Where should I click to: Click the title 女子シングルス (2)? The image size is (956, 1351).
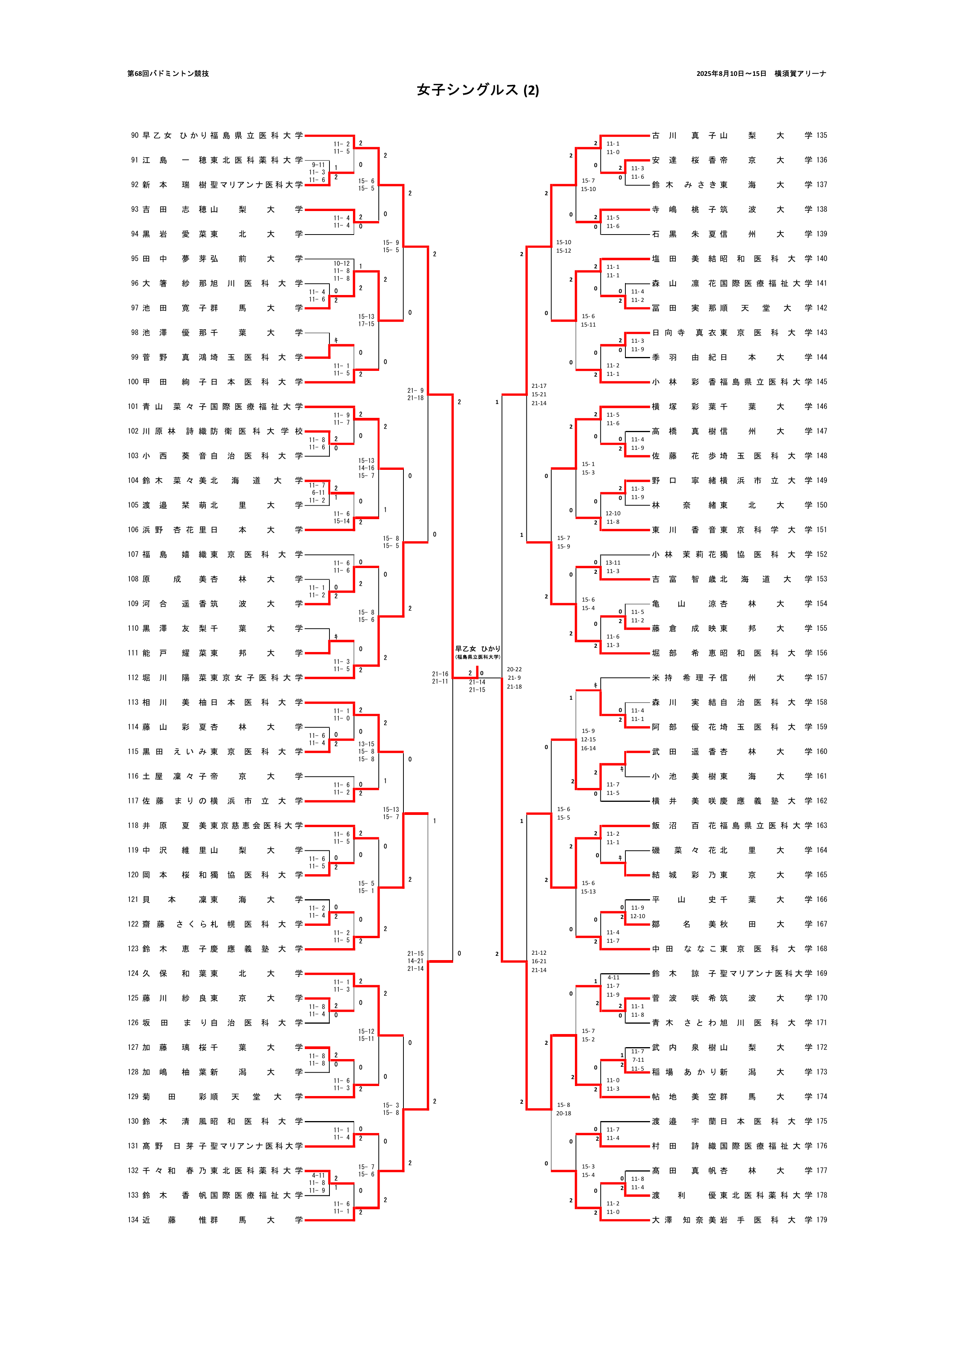477,90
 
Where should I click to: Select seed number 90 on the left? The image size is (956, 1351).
134,135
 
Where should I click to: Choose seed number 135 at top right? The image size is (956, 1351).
822,135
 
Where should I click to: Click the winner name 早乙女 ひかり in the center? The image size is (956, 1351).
477,649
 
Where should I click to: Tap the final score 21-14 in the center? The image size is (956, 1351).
477,682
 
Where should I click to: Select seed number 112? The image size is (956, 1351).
133,678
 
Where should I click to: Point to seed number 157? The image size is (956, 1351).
822,678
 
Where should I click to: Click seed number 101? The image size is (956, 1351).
133,407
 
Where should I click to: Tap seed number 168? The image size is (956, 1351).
822,949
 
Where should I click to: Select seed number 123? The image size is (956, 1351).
133,949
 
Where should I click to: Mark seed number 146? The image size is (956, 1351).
822,407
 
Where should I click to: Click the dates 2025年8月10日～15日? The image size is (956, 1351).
731,74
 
